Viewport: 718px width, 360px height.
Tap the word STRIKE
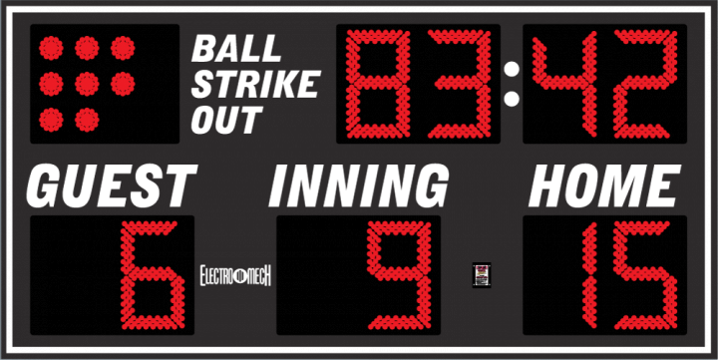point(254,84)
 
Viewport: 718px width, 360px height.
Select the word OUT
point(225,120)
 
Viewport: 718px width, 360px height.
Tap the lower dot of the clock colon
point(513,99)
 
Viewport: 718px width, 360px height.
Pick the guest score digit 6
point(152,275)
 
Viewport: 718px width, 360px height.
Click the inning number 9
point(399,275)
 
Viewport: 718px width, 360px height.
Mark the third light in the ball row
point(122,48)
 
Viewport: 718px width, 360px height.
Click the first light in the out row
point(52,118)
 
